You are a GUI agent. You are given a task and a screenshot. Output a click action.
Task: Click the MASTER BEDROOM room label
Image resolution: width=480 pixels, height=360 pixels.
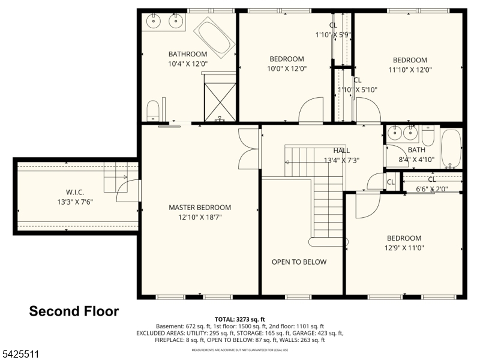tap(199, 208)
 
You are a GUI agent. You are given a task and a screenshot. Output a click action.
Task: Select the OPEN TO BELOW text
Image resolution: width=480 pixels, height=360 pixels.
tap(299, 262)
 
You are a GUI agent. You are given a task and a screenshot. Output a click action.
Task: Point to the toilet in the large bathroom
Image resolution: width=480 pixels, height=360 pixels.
tap(154, 110)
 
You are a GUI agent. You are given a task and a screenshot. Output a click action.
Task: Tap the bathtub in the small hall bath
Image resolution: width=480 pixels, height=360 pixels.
tap(450, 148)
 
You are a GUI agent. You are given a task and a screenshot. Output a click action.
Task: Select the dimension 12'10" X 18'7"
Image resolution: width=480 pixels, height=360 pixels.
tap(199, 217)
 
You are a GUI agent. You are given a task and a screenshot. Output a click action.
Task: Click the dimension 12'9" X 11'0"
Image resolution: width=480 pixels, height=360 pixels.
tap(404, 247)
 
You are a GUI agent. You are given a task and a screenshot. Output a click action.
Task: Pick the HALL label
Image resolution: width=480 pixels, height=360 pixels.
tap(341, 151)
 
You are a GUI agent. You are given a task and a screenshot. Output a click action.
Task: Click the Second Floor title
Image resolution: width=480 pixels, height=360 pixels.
tap(74, 311)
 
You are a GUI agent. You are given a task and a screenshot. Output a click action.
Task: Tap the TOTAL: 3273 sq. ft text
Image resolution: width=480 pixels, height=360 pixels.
tap(240, 319)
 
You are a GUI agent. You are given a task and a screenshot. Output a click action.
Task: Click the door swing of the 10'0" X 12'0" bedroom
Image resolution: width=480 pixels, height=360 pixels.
tap(311, 111)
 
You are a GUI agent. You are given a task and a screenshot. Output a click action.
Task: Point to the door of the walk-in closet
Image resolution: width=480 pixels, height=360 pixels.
tap(128, 191)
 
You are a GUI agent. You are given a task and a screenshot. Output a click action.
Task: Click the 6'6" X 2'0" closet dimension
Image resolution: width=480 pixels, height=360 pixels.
tap(432, 188)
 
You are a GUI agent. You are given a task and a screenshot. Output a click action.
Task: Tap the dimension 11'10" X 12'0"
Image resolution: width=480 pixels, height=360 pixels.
tap(410, 69)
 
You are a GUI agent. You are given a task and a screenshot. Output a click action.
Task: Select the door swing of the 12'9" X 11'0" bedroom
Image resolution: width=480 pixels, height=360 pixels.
tap(367, 205)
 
